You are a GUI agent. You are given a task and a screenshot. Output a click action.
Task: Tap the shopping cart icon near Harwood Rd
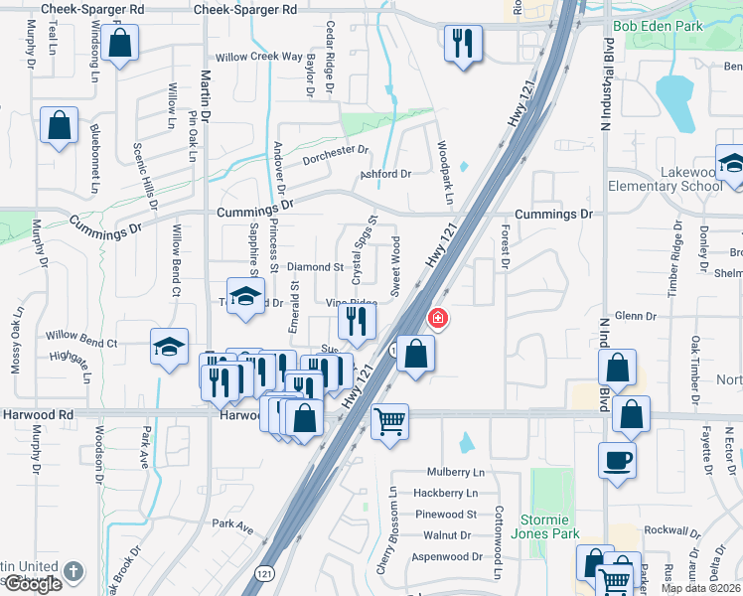tap(389, 421)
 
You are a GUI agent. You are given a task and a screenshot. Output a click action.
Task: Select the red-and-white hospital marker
tap(436, 319)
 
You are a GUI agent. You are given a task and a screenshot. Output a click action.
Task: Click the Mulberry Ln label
tap(455, 472)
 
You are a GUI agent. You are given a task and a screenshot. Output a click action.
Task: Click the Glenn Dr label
tap(636, 316)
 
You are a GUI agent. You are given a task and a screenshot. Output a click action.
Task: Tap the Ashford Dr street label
tap(385, 174)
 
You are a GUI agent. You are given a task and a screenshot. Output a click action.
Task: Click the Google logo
tap(32, 584)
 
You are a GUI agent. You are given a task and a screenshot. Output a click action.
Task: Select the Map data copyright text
tap(701, 588)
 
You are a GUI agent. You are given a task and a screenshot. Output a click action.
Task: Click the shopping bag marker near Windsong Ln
tap(119, 44)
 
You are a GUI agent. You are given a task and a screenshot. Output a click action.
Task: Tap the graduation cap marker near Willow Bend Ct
tap(170, 348)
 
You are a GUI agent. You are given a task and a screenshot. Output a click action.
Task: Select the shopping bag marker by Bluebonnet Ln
tap(60, 127)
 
